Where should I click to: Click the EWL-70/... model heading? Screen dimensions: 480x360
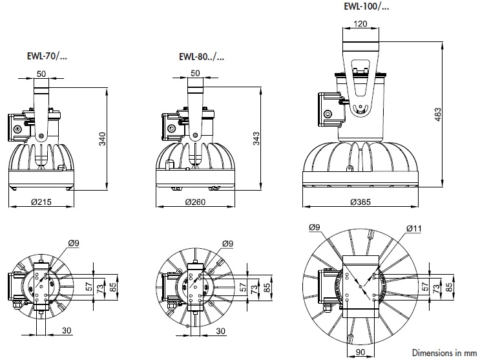click(47, 56)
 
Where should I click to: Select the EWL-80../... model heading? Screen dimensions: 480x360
click(202, 57)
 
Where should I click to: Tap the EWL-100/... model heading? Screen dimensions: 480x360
click(366, 6)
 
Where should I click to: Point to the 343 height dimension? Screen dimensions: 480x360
click(256, 138)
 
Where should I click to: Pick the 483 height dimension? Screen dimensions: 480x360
click(438, 114)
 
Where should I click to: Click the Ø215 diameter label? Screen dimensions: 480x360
click(41, 202)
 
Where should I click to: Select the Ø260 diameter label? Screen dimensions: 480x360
click(195, 202)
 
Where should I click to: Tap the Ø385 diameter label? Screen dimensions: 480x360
click(360, 202)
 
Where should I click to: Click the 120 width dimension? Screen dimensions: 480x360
click(360, 24)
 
